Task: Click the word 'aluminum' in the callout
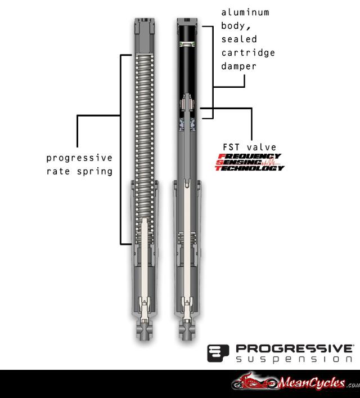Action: coord(245,12)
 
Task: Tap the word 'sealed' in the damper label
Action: coord(239,39)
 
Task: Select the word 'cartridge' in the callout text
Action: coord(248,53)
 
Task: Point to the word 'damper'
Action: coord(238,66)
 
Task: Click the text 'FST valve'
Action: coord(250,147)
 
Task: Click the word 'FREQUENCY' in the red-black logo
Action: coord(249,156)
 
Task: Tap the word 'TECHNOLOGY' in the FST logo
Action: coord(250,168)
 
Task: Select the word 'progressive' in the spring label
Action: coord(79,158)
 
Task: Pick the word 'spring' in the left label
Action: coord(94,172)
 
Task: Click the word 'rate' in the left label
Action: coord(58,172)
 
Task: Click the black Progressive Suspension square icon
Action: coord(218,353)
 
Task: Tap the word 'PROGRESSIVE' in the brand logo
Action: coord(294,349)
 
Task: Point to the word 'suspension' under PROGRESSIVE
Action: coord(294,359)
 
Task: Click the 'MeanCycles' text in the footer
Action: coord(312,383)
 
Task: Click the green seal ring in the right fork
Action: coord(187,44)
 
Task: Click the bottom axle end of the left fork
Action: coord(145,331)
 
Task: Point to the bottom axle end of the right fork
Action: coord(187,331)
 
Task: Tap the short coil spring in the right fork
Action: coord(187,239)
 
